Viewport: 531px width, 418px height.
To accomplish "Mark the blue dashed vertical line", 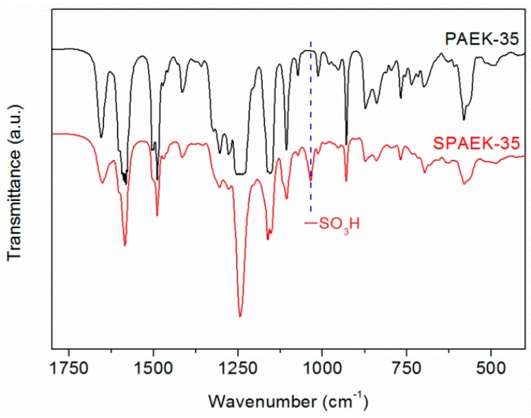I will [x=311, y=114].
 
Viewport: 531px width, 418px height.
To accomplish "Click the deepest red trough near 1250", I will [x=240, y=316].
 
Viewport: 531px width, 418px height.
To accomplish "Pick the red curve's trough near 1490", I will [x=157, y=215].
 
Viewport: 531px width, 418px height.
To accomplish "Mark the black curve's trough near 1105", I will [x=286, y=149].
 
